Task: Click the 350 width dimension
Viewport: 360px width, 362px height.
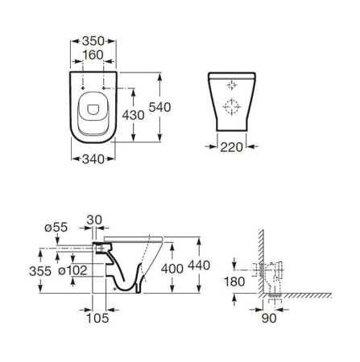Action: pos(93,41)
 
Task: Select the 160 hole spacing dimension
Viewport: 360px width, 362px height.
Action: pos(93,55)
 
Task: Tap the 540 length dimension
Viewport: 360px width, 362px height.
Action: pos(159,107)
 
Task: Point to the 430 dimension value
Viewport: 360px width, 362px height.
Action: pos(133,115)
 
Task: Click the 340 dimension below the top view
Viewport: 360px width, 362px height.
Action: pos(93,159)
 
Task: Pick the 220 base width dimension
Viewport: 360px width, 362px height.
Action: pos(231,147)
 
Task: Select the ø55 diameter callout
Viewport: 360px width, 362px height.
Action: pos(56,228)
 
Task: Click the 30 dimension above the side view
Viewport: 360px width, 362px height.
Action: pos(94,220)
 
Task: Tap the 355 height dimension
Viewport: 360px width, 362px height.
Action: pos(40,271)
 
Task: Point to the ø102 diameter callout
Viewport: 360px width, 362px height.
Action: pos(72,270)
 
